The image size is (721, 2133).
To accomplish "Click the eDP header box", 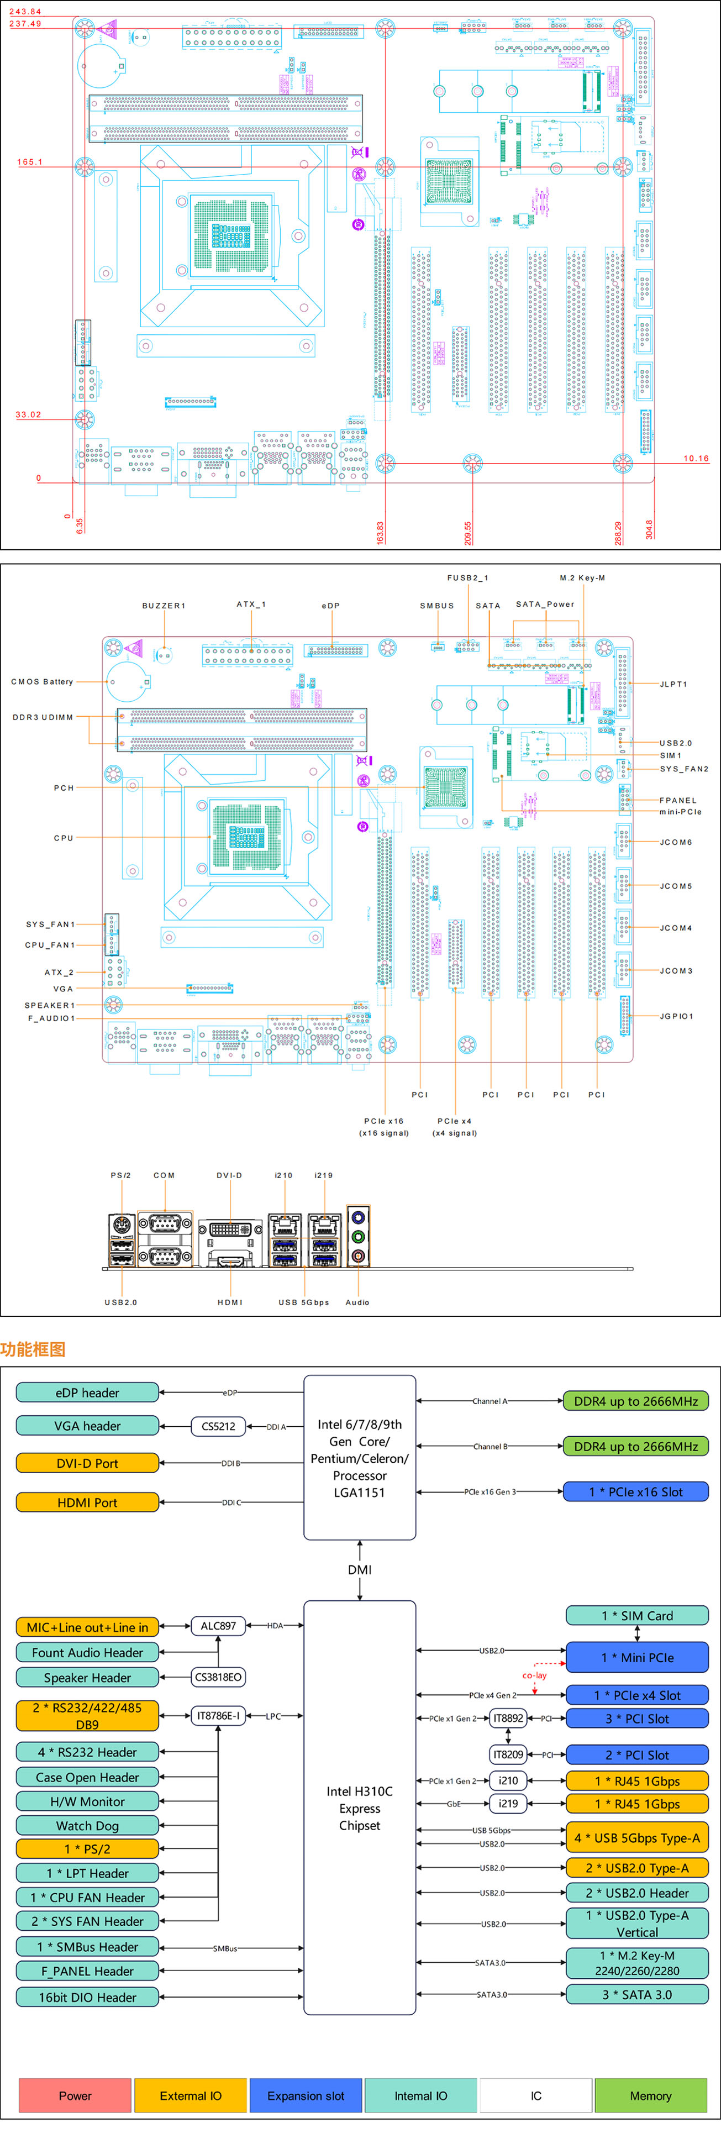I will tap(87, 1393).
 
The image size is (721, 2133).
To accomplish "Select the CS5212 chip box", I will tap(219, 1426).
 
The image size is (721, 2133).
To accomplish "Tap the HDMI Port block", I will tap(87, 1502).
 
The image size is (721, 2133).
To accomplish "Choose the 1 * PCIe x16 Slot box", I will tap(636, 1492).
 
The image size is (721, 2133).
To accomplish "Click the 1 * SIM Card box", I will tap(636, 1615).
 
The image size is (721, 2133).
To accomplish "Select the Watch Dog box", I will tap(87, 1826).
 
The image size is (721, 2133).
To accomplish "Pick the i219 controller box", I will tap(508, 1804).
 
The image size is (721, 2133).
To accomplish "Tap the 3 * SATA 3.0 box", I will tap(636, 1995).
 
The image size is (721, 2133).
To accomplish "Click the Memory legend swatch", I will tap(651, 2096).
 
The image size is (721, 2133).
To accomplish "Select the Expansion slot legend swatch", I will tap(306, 2096).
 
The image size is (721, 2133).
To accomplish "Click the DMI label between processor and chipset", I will tap(359, 1570).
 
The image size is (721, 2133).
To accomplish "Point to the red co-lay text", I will tap(534, 1676).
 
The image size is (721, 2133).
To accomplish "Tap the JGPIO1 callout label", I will tap(676, 1016).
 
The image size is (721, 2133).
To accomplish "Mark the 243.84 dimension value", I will tap(25, 12).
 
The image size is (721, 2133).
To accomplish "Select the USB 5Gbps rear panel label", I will tap(304, 1302).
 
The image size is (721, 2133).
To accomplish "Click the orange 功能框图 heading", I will tap(33, 1349).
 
